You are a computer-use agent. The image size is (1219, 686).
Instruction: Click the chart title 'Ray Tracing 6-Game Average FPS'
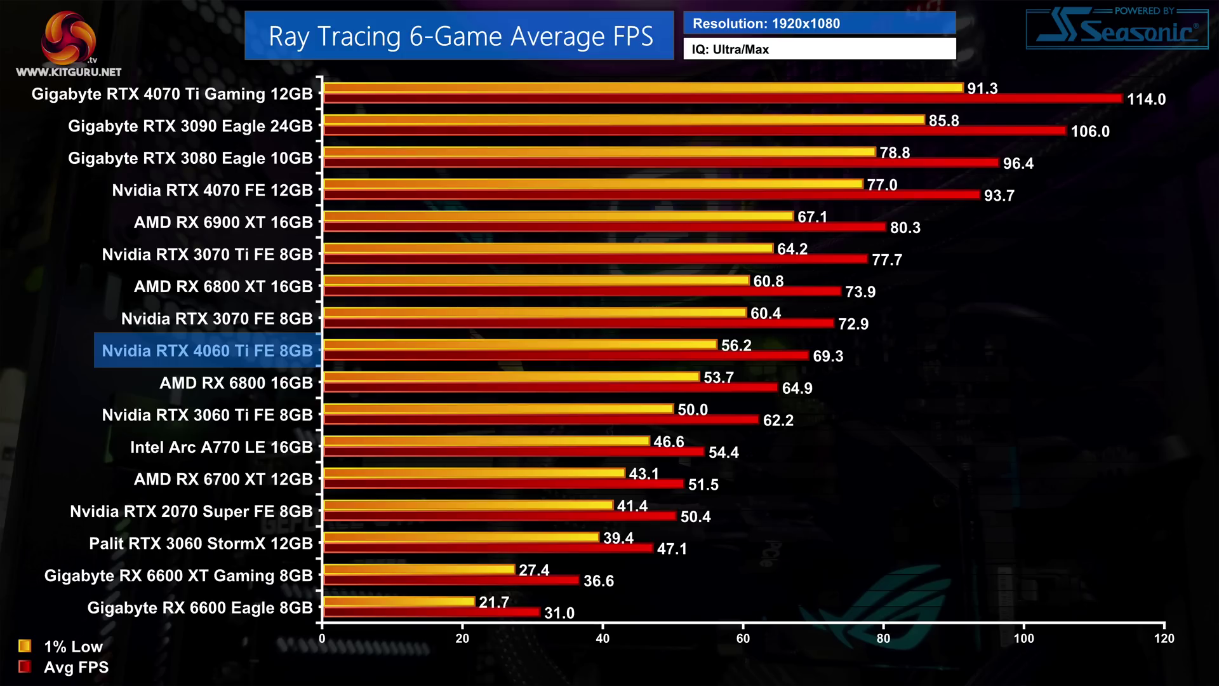pos(460,36)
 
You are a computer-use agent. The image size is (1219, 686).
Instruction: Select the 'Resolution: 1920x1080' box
pos(819,24)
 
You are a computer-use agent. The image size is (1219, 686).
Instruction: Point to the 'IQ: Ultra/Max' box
pos(819,50)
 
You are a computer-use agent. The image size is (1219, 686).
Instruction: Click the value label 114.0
pos(1146,99)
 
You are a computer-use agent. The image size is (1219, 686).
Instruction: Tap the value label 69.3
pos(828,356)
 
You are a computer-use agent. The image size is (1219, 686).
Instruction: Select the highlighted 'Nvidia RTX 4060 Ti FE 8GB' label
pos(207,351)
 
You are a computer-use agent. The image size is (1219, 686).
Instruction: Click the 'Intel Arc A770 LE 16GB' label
pos(221,447)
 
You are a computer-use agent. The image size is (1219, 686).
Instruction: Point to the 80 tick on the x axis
pos(883,638)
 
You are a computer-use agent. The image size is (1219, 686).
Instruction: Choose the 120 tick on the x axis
pos(1164,638)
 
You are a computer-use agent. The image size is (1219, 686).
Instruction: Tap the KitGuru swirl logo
pos(68,38)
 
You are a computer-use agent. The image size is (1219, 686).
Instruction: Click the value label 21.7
pos(494,602)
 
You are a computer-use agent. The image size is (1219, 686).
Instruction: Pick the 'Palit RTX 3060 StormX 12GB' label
pos(201,544)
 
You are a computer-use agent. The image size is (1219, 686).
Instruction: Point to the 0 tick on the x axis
pos(322,638)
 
